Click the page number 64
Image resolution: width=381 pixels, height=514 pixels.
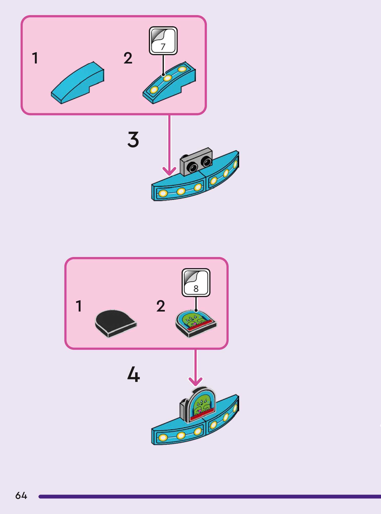tap(21, 496)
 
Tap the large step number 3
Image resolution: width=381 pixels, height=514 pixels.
tap(133, 140)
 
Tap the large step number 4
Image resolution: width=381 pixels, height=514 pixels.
tap(133, 374)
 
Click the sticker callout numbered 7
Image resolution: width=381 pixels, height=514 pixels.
tap(163, 41)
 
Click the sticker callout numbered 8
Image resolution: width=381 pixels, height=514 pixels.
tap(196, 283)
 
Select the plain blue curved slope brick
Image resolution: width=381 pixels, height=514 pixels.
tap(78, 83)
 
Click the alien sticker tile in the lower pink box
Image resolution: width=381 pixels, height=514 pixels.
tap(196, 323)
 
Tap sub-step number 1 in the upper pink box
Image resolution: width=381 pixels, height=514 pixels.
tap(35, 58)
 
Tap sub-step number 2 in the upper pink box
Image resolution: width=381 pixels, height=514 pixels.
tap(128, 58)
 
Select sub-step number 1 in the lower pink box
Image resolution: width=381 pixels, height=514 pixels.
tap(79, 306)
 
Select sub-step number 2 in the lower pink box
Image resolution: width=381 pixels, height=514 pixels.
tap(161, 306)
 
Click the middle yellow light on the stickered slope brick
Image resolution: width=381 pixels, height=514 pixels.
tap(167, 78)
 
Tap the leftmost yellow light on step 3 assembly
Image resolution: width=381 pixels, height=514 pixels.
tap(163, 193)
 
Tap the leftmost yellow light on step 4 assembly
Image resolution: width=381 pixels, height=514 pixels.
tap(163, 437)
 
